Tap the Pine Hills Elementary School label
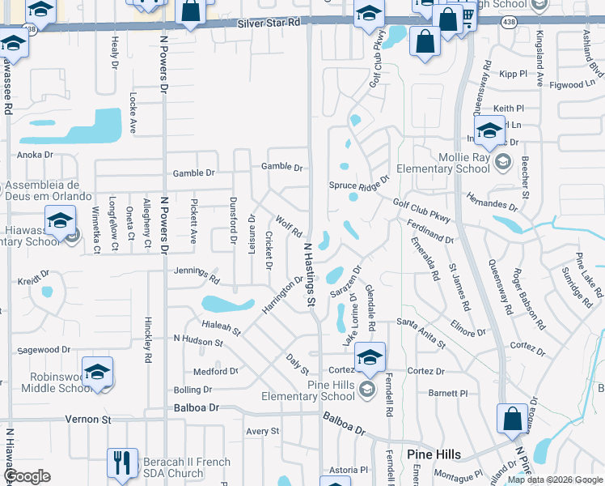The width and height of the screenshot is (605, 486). [308, 390]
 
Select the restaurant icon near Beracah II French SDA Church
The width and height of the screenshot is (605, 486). [122, 463]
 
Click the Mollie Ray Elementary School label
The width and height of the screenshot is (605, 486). [453, 163]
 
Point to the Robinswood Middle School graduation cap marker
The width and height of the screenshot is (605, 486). [97, 372]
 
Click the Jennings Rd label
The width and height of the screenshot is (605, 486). [197, 275]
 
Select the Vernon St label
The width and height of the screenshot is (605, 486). [94, 420]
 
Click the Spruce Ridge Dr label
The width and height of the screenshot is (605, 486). [359, 185]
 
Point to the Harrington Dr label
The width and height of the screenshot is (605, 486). [281, 295]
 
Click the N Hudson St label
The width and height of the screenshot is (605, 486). [198, 341]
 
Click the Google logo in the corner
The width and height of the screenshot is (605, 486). [27, 476]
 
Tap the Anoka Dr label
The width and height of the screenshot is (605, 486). [35, 154]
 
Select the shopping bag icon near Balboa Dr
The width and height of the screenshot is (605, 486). [513, 419]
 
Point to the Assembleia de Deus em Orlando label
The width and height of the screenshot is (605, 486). [49, 190]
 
